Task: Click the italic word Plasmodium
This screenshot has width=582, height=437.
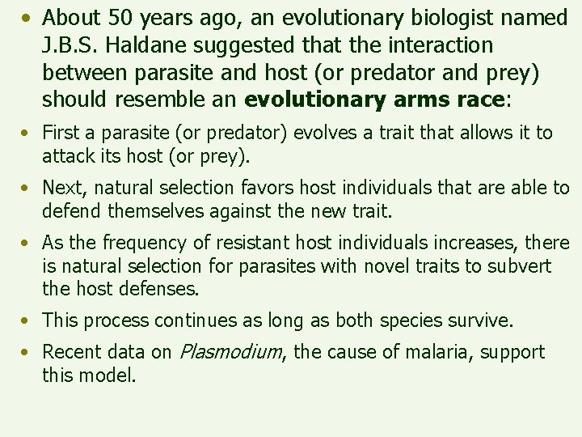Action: click(x=230, y=353)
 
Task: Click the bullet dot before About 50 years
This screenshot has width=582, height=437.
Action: click(x=28, y=18)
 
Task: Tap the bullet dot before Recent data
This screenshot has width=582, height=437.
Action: click(x=27, y=353)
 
